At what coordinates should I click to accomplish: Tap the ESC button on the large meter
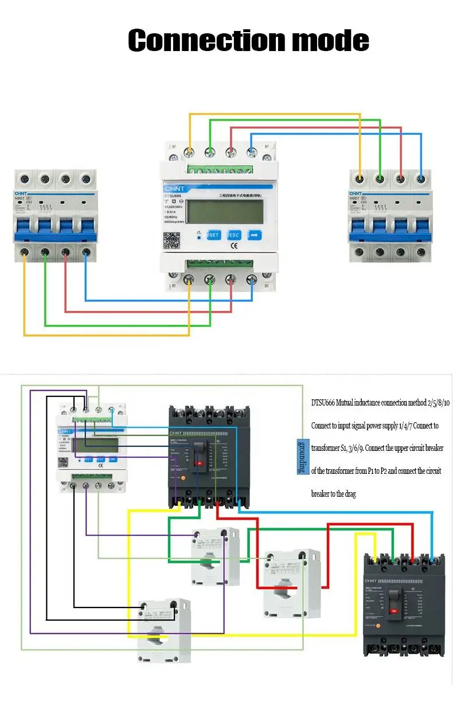click(x=234, y=235)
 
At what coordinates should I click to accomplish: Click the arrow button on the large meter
click(x=255, y=235)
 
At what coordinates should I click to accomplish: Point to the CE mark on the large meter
click(x=234, y=247)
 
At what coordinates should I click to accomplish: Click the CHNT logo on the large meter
click(x=176, y=188)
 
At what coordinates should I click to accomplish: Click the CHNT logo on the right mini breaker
click(x=357, y=194)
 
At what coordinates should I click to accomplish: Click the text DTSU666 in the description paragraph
click(x=323, y=403)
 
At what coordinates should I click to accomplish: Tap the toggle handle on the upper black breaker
click(x=199, y=453)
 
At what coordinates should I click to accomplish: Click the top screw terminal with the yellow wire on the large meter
click(x=189, y=153)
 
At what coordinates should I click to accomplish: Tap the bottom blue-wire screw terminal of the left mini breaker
click(x=86, y=251)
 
